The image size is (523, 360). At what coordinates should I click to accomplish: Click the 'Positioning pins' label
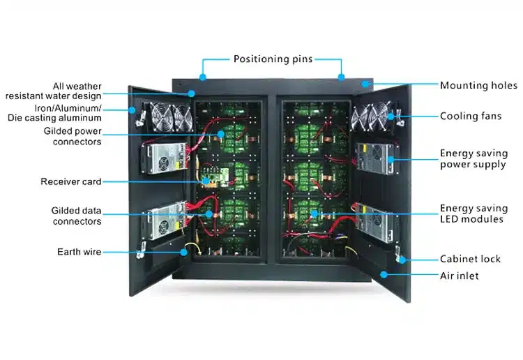click(x=272, y=59)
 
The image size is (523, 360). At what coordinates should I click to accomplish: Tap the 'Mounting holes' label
click(x=478, y=86)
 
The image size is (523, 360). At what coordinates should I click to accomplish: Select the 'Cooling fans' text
click(x=471, y=117)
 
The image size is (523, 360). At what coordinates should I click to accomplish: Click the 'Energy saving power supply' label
click(x=472, y=159)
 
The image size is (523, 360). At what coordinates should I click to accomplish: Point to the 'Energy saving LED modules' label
click(x=471, y=213)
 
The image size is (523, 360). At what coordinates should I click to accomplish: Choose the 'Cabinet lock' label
click(x=470, y=259)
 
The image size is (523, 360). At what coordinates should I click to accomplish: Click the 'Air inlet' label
click(x=459, y=276)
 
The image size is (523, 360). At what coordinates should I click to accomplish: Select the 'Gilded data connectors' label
click(x=76, y=216)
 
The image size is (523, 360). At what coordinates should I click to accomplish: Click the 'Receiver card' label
click(x=70, y=181)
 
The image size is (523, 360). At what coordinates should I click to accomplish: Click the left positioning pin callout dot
click(x=203, y=76)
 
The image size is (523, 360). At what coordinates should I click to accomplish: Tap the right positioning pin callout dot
click(x=341, y=76)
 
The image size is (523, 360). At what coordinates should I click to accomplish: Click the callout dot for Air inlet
click(x=383, y=275)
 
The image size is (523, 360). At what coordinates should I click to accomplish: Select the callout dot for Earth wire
click(x=183, y=251)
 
